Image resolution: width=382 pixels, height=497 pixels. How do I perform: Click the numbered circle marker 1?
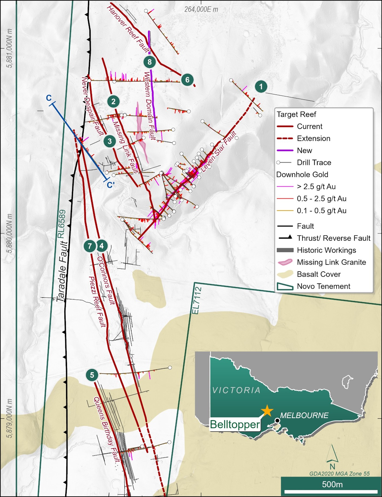pyautogui.click(x=261, y=86)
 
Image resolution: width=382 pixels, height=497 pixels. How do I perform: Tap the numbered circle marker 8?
pyautogui.click(x=149, y=62)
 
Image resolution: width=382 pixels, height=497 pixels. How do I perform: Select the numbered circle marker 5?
pyautogui.click(x=92, y=375)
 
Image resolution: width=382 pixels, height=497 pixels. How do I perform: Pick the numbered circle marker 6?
pyautogui.click(x=187, y=80)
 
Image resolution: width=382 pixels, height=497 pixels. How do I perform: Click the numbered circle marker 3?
pyautogui.click(x=110, y=141)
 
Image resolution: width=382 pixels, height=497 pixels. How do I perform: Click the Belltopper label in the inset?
pyautogui.click(x=235, y=424)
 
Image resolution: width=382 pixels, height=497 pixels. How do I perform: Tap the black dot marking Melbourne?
pyautogui.click(x=277, y=421)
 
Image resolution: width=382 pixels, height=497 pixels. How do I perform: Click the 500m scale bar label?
pyautogui.click(x=332, y=484)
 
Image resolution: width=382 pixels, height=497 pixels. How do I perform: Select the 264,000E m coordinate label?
pyautogui.click(x=201, y=9)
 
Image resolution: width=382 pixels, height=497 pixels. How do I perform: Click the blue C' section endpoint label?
pyautogui.click(x=110, y=185)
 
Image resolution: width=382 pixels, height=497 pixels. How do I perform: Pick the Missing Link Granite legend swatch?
pyautogui.click(x=285, y=262)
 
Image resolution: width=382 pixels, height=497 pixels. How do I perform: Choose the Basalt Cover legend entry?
pyautogui.click(x=319, y=274)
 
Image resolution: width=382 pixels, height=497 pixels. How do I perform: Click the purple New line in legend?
pyautogui.click(x=285, y=150)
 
